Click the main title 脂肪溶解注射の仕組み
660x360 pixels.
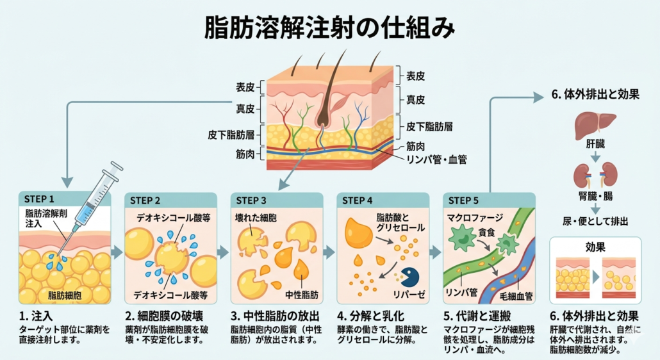click(x=329, y=29)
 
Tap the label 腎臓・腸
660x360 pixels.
click(x=595, y=193)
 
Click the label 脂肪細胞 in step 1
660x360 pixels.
click(x=64, y=295)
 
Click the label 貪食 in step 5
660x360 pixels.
click(x=488, y=233)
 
